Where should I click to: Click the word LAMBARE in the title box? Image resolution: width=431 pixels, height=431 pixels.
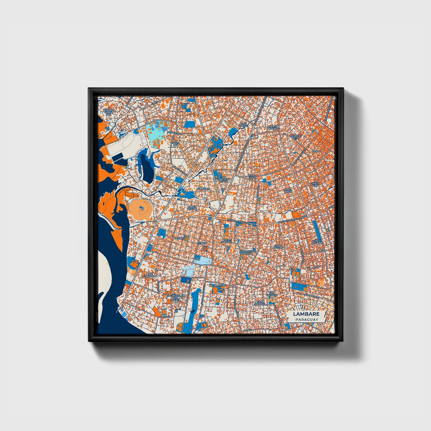tap(306, 314)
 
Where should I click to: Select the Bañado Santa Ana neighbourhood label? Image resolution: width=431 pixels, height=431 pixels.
tap(109, 112)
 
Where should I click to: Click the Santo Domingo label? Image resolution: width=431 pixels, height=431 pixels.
tap(273, 127)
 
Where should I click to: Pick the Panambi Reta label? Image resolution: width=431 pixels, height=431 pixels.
tap(295, 137)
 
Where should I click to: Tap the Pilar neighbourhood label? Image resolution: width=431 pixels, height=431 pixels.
tap(315, 151)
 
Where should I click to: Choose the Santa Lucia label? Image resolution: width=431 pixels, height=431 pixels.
tap(315, 184)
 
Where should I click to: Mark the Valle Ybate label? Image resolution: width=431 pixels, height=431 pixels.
tap(252, 177)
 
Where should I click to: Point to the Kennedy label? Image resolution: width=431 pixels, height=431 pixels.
tap(180, 239)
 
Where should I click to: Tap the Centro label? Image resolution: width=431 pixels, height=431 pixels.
tap(202, 243)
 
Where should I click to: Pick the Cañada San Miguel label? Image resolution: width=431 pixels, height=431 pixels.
tap(175, 297)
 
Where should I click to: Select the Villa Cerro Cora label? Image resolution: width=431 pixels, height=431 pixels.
tap(248, 252)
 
